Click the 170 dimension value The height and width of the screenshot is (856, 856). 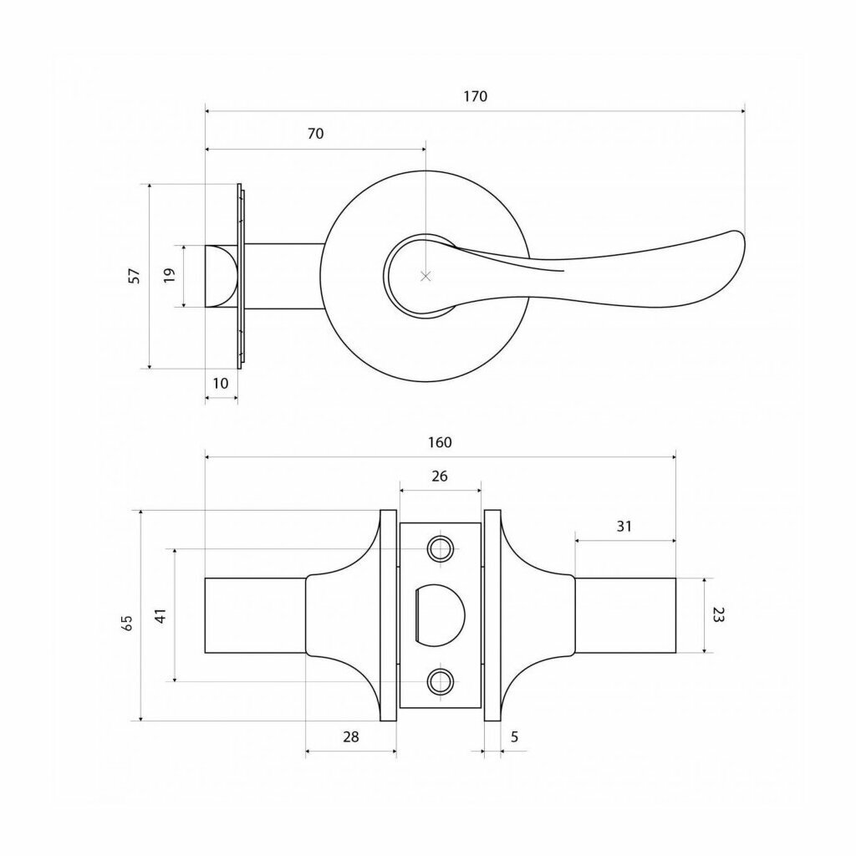pos(475,97)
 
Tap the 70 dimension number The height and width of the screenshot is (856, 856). pos(315,134)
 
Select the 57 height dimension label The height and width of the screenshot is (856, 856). pos(135,276)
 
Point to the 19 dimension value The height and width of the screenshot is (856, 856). pos(169,274)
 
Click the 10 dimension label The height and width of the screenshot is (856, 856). pos(221,384)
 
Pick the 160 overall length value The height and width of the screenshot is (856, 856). pos(440,442)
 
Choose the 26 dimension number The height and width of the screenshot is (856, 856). pos(440,476)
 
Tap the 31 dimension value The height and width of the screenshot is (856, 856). pos(624,527)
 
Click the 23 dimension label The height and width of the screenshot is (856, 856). pos(718,615)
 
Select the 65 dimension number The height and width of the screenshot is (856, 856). pos(127,623)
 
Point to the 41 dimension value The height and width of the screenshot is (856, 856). pos(160,616)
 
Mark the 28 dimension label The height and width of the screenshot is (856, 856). pos(351,737)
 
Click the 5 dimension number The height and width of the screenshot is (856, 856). pos(514,737)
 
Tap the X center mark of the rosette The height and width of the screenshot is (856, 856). pos(426,276)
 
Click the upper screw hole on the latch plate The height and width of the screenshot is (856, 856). pos(440,548)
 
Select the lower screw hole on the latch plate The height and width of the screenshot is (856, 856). pos(440,682)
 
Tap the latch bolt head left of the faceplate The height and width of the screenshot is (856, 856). pos(221,276)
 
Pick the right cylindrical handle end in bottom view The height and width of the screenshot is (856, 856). pos(625,615)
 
